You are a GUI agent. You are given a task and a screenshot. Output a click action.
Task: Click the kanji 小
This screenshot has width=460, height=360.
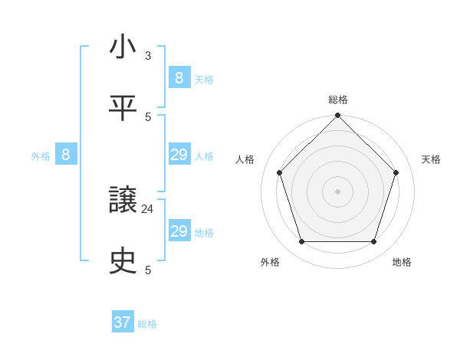tap(123, 47)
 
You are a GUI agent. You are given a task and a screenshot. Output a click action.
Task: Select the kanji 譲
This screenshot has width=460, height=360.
tap(123, 201)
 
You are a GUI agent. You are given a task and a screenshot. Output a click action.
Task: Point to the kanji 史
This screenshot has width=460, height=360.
tap(123, 261)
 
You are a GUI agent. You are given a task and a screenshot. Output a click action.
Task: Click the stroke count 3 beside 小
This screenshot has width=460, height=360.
tap(148, 56)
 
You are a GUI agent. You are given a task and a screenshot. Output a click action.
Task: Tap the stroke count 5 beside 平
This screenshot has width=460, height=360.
tap(148, 117)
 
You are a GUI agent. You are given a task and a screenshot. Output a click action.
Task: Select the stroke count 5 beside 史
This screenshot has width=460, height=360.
tap(148, 270)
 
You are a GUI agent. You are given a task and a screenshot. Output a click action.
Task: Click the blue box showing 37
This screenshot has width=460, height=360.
tap(123, 322)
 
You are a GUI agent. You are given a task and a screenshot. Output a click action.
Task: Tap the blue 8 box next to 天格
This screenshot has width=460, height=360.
tap(179, 78)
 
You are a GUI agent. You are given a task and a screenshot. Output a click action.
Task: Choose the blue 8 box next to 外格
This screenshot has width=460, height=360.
tap(66, 155)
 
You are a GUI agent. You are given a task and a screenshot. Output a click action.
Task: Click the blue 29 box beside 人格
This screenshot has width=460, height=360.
tap(179, 155)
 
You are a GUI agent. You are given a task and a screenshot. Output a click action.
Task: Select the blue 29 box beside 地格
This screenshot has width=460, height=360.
tap(179, 231)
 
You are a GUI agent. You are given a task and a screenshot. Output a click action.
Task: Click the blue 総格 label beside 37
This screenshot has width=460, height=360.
tap(148, 324)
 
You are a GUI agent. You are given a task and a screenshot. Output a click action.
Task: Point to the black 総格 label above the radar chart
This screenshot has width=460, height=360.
tap(337, 100)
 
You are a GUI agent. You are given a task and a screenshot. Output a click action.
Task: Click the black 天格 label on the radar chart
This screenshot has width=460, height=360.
tap(432, 159)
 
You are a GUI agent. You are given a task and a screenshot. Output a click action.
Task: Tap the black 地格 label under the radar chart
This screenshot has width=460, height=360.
tap(402, 262)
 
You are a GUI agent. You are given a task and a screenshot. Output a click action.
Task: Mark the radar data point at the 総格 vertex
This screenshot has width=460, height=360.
tap(337, 116)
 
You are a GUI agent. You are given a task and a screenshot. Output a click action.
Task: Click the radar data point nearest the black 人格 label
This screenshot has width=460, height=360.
tap(280, 172)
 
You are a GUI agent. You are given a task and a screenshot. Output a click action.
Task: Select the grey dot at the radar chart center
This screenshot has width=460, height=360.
tap(337, 191)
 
